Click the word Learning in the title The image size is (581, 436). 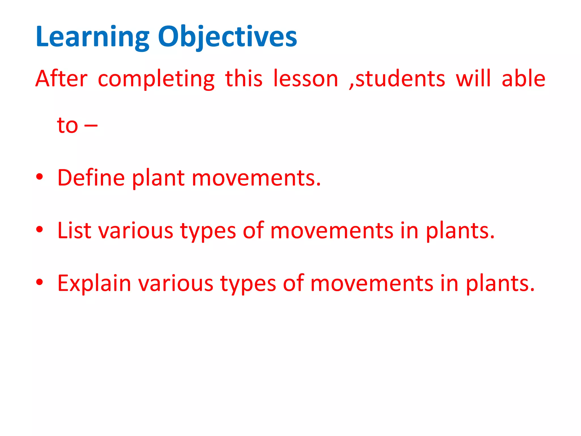click(x=92, y=37)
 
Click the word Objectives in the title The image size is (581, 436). click(x=227, y=37)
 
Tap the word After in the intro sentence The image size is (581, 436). click(x=61, y=79)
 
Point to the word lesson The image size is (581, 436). click(x=306, y=79)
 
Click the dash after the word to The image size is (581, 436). click(x=91, y=125)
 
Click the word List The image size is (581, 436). click(x=74, y=230)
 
